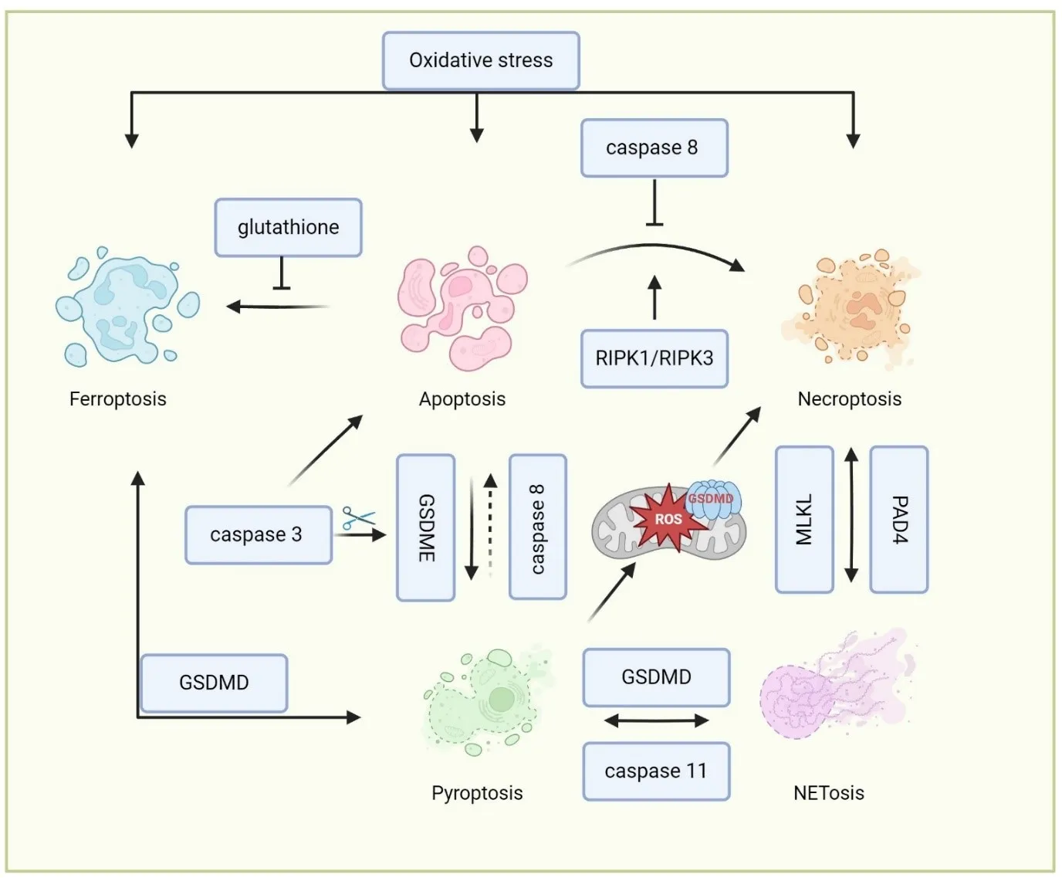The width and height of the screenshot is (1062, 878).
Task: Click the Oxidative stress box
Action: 481,60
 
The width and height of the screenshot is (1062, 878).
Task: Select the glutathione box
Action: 288,228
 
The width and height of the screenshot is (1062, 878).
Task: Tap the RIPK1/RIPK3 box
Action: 654,358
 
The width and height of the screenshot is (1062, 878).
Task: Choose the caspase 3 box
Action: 258,534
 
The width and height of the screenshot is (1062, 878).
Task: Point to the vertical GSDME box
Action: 425,527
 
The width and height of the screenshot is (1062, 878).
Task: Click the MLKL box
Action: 804,519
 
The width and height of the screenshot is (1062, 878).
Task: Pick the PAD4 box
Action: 898,519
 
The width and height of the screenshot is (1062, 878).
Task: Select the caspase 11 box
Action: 655,771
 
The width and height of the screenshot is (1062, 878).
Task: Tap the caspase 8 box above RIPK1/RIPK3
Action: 653,147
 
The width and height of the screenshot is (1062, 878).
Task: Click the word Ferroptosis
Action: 118,399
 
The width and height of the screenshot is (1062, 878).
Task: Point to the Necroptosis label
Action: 849,399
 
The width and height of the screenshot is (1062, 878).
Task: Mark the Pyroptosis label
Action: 477,793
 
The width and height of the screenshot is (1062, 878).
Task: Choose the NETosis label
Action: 828,793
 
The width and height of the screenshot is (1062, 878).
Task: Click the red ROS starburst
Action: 667,519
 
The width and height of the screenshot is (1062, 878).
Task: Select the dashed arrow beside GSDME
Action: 490,525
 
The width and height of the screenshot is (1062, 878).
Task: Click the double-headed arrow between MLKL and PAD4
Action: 851,516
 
